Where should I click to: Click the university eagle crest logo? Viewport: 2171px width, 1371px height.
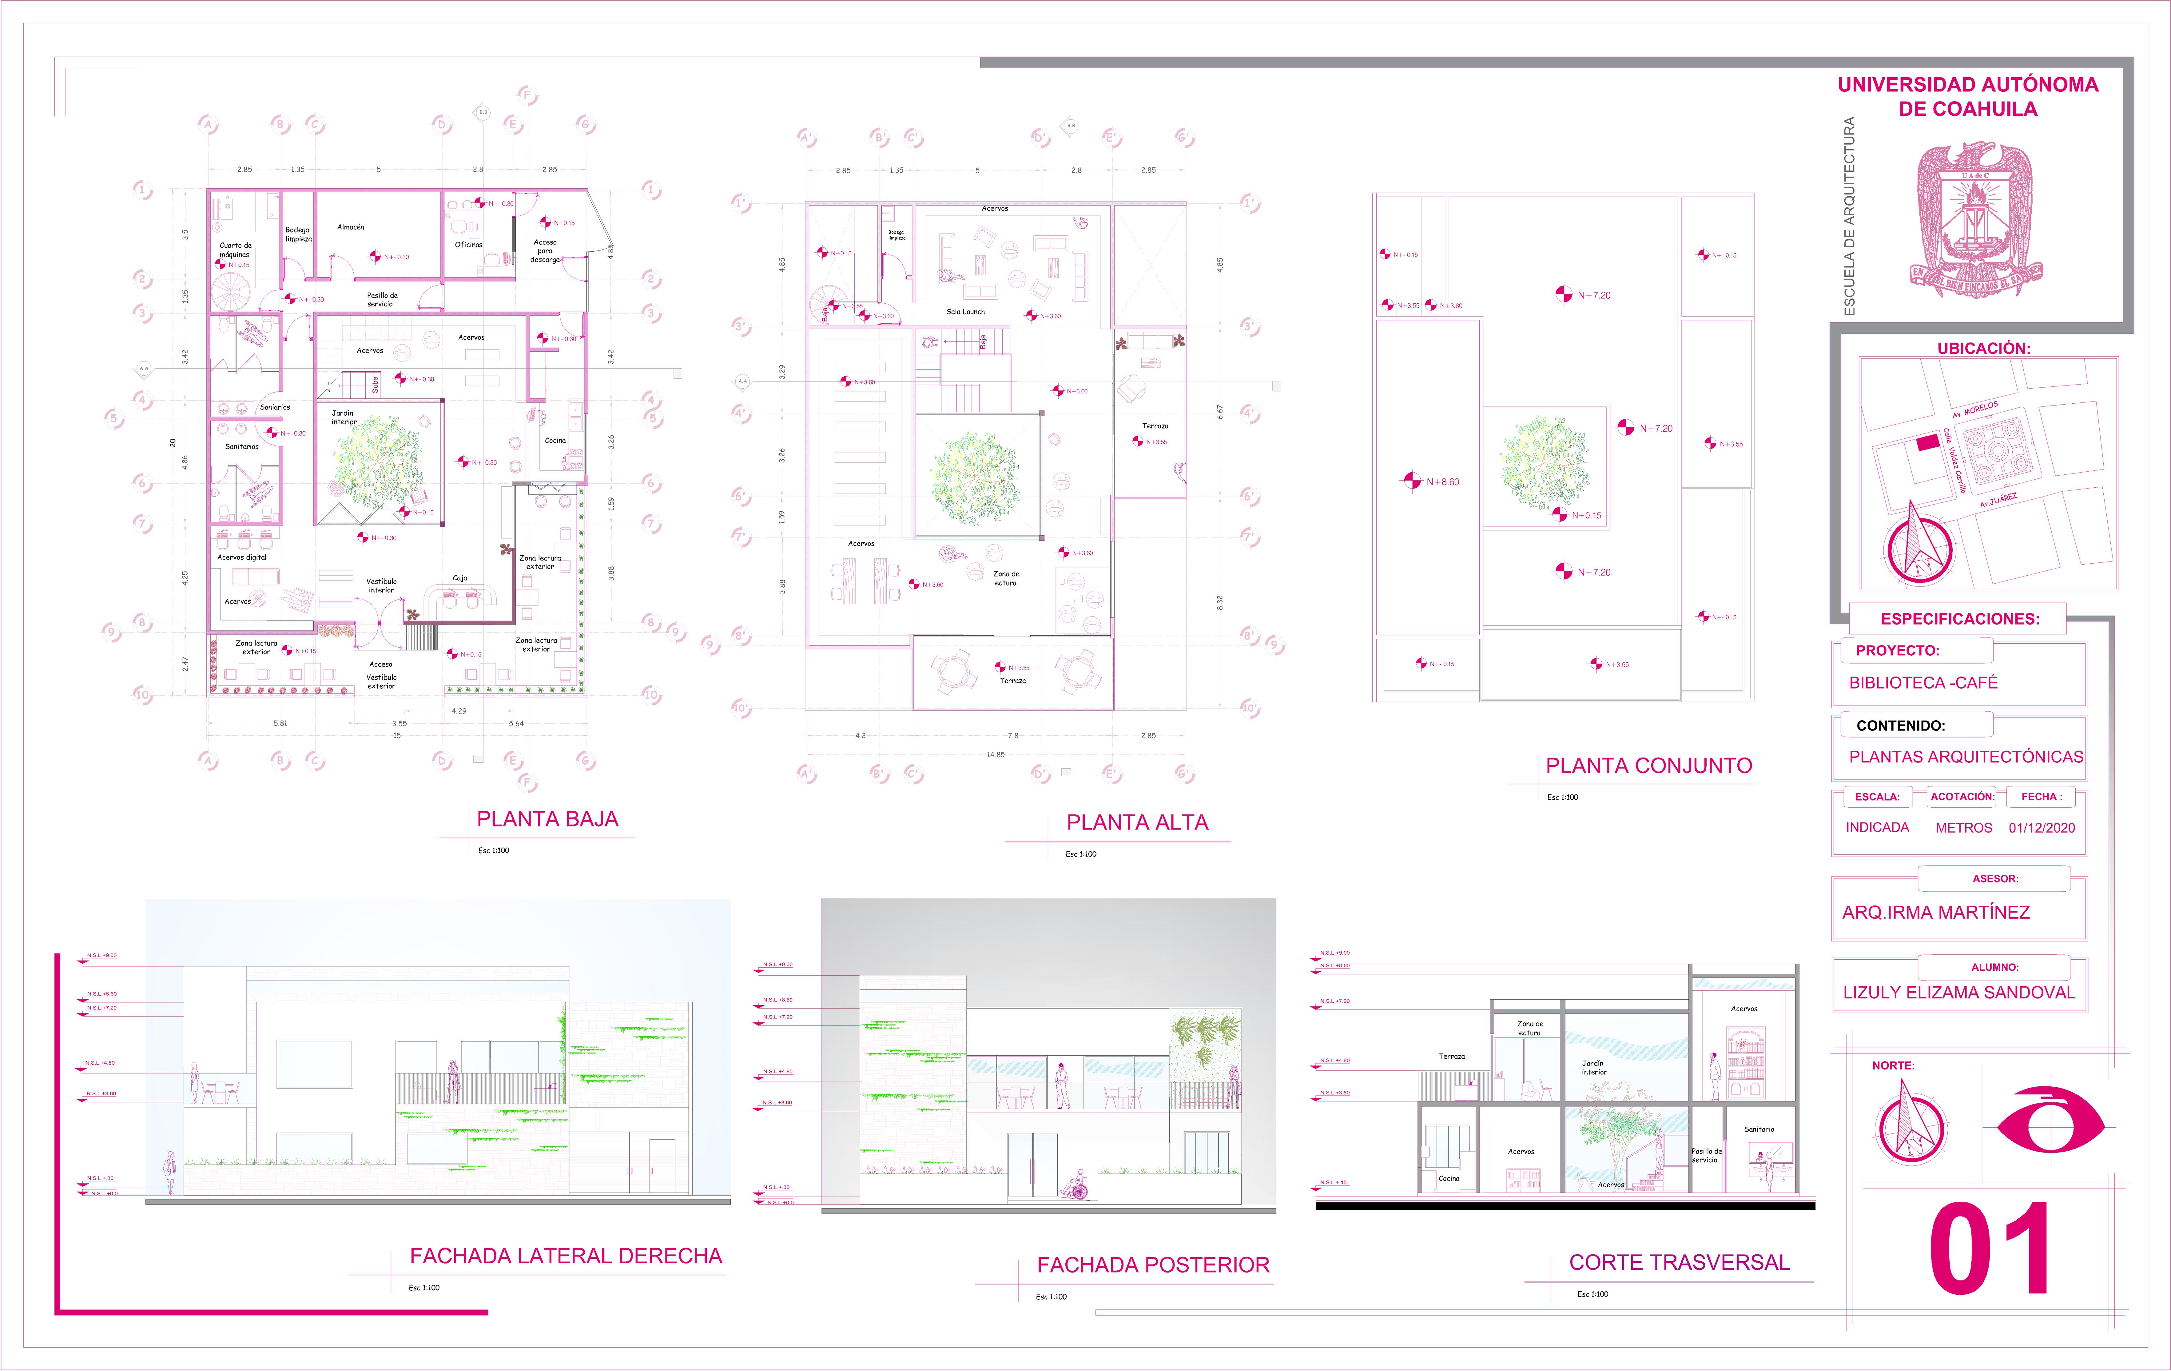point(1974,221)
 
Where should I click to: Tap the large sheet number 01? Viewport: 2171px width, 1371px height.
point(1990,1249)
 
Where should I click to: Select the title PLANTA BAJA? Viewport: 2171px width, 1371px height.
point(547,819)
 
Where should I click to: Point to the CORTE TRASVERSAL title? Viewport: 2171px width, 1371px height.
point(1679,1262)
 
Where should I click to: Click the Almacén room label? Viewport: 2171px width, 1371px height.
point(351,227)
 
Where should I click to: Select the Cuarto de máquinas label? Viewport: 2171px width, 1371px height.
point(235,250)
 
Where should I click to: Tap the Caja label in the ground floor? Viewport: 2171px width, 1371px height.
point(460,578)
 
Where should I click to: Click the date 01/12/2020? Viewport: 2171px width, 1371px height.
point(2041,828)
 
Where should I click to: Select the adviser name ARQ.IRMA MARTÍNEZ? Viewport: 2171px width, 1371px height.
point(1936,912)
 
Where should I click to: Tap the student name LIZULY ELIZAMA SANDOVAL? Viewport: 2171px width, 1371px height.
point(1958,992)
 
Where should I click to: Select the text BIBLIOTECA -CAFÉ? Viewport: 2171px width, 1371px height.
point(1923,683)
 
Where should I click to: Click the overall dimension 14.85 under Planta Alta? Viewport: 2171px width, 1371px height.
point(995,754)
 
